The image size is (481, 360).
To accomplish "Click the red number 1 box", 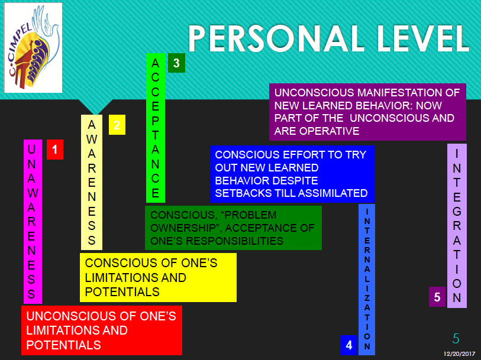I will [x=54, y=150].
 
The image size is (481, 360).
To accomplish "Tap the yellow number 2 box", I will [x=117, y=125].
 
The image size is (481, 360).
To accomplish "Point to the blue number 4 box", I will [x=349, y=345].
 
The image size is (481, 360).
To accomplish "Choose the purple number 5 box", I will [x=437, y=297].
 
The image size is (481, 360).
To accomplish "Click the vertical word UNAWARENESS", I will [x=33, y=221].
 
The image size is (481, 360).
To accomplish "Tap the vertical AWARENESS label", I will [x=92, y=182].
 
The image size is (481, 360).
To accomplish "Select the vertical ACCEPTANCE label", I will [x=156, y=128].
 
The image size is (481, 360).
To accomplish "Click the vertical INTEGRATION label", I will [x=457, y=225].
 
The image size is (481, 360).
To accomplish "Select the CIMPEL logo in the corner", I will [x=33, y=47].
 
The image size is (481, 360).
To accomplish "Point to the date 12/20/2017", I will [x=460, y=353].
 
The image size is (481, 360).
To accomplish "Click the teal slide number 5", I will [x=456, y=338].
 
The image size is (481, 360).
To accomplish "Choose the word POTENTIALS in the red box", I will [x=63, y=345].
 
